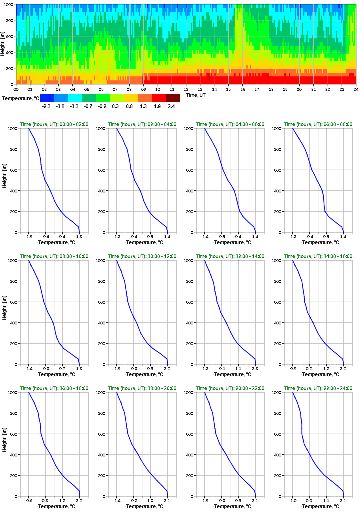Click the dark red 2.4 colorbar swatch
[173, 98]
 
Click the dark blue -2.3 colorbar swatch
[47, 98]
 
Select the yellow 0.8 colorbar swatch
[131, 98]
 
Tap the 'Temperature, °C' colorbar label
[20, 98]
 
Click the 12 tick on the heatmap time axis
[186, 90]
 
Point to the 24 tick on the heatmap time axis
[356, 90]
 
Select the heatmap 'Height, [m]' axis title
[3, 44]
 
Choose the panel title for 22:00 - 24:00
[318, 388]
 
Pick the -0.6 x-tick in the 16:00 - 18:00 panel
[28, 500]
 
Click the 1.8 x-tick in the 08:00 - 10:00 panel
[79, 368]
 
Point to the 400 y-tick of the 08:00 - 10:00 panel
[12, 323]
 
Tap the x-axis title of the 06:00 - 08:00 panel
[318, 242]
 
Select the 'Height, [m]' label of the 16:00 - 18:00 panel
[4, 444]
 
